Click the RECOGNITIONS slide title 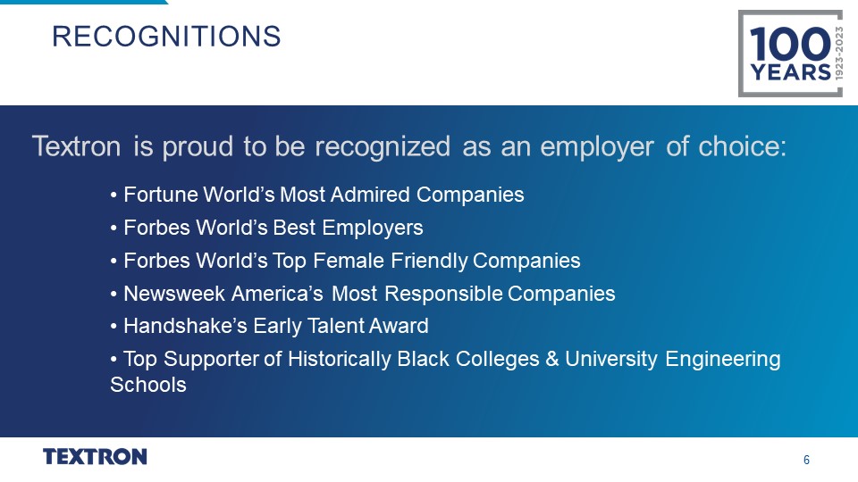[166, 37]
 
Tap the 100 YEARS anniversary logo [790, 54]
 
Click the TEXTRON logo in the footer [96, 457]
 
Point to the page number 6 [806, 461]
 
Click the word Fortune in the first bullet [161, 195]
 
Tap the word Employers [373, 228]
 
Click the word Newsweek [174, 294]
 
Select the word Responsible [444, 294]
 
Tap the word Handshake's [186, 326]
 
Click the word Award [399, 326]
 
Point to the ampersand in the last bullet [552, 359]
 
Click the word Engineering [723, 359]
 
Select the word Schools [148, 385]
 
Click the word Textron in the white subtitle [77, 146]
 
